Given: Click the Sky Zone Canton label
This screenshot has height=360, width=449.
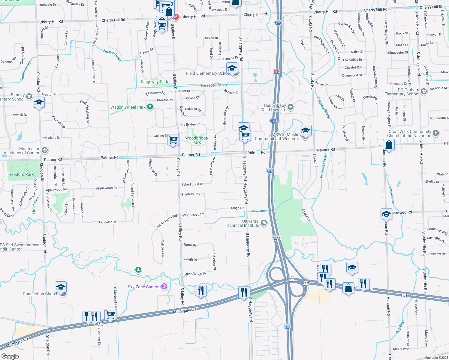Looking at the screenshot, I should coord(143,287).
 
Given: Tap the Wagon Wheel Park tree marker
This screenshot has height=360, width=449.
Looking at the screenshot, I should coord(150,107).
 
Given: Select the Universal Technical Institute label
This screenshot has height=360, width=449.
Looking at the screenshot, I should coord(242,223).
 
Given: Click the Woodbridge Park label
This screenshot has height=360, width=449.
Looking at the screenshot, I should coord(196,140).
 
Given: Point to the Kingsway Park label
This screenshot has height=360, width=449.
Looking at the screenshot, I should coord(154,82).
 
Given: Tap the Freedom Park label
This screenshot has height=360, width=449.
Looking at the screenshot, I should coord(20,174).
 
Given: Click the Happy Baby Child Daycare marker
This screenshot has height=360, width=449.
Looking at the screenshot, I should coord(290,107).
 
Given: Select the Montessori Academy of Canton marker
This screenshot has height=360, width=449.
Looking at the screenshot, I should coord(45,150).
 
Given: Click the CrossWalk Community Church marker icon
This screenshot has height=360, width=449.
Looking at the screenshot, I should coord(436,133).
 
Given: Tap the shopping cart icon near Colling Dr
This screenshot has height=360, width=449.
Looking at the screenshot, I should coord(173,139).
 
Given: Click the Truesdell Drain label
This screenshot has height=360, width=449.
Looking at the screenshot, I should coord(213,85).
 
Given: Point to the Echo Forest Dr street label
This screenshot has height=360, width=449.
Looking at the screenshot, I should coord(192,184).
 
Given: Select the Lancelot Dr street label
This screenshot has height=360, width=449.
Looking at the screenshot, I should coord(107,222).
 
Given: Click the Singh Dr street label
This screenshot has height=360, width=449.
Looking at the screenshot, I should coord(237,208).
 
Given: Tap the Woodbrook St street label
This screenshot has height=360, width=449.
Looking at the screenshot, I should coord(195,274).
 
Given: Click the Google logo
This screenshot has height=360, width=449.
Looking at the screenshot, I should coord(10,356).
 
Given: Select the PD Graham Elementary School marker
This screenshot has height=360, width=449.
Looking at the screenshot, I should coord(423,91).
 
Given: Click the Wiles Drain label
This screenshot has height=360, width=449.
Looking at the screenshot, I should coord(259,211).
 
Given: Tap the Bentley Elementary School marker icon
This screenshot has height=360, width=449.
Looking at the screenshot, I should coord(29,96).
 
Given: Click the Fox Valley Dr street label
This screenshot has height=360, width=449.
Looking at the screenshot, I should coord(352,60).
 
